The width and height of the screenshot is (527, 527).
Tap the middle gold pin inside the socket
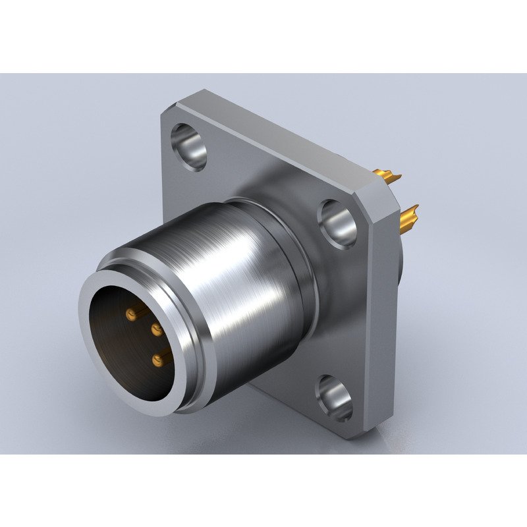(157, 328)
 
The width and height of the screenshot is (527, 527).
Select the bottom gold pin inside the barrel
(159, 359)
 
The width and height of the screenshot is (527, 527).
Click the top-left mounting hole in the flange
(189, 145)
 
